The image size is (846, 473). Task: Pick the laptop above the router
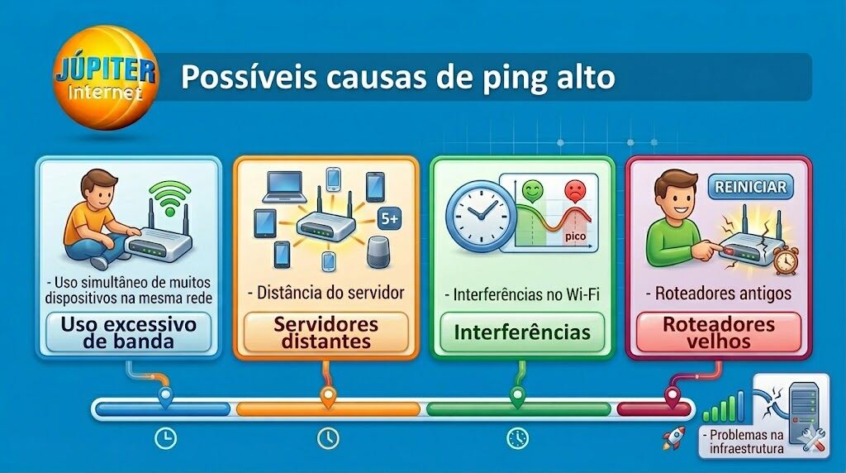(284, 189)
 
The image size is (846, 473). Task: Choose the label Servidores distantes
(326, 332)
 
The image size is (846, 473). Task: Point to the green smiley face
(531, 191)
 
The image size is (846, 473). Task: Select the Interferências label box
(522, 332)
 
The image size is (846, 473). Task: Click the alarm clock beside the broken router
(786, 257)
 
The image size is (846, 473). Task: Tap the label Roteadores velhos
(718, 332)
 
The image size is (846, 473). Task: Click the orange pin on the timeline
(327, 398)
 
